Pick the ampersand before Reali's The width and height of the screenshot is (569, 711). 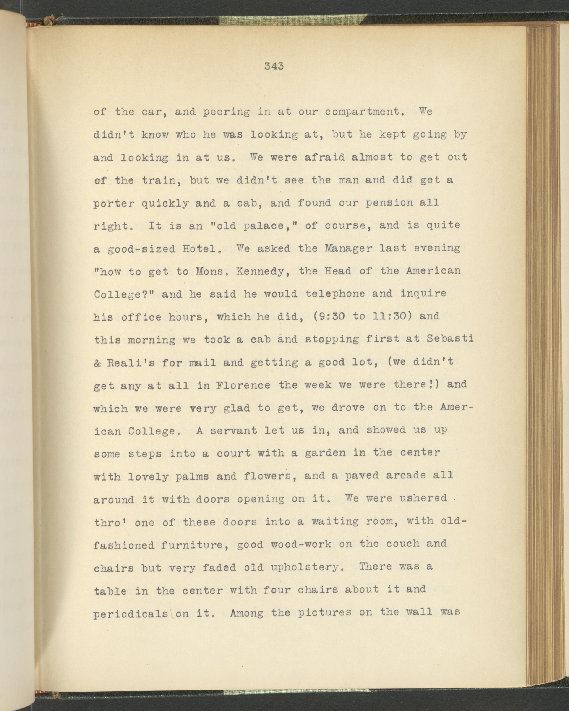[x=98, y=362]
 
